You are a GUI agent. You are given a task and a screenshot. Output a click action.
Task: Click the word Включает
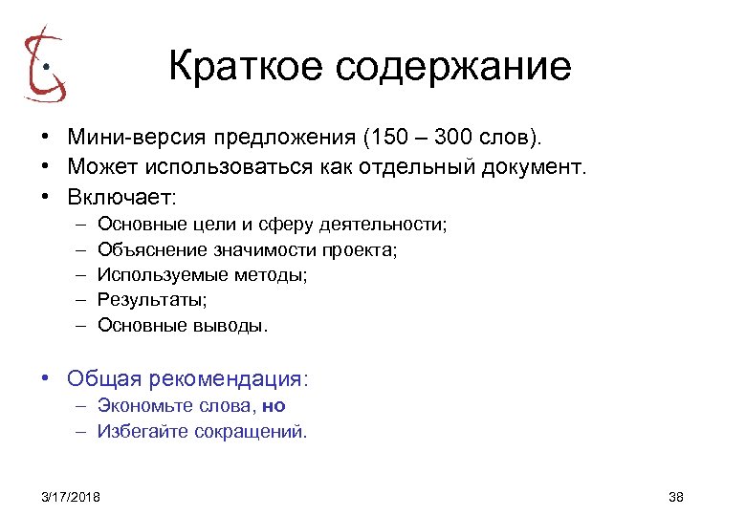coord(121,198)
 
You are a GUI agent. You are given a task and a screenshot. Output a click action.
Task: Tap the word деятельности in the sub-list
coord(394,225)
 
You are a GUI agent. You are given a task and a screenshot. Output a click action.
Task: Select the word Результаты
coord(150,300)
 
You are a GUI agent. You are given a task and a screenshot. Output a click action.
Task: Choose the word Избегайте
coord(143,431)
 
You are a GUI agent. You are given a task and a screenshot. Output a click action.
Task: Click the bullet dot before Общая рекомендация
coord(46,378)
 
